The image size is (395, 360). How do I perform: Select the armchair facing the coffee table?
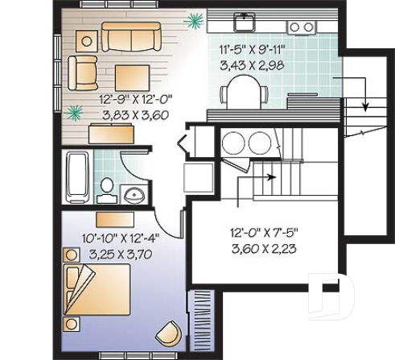[83, 72]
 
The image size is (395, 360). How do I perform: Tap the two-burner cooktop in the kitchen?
[302, 27]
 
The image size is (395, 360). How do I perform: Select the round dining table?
[245, 92]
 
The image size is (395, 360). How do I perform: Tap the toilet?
[106, 189]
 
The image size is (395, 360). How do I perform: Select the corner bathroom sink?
[134, 193]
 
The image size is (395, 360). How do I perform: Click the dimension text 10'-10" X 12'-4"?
[121, 239]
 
